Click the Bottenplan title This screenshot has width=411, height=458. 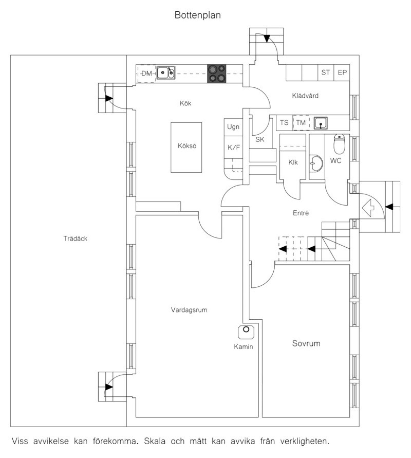[198, 15]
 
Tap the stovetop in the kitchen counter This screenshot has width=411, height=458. [217, 74]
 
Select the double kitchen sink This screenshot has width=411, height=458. [166, 73]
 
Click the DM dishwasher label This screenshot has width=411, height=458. [147, 73]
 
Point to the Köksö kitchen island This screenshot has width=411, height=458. [186, 147]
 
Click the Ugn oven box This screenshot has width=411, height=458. [233, 127]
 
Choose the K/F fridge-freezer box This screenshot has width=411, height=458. [233, 147]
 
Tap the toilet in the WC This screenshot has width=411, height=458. [339, 144]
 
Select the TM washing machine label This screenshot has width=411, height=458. [301, 123]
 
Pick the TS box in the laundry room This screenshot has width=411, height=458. [284, 123]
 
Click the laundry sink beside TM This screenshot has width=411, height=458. [321, 123]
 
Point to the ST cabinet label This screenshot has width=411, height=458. [325, 72]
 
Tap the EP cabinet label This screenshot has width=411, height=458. [342, 73]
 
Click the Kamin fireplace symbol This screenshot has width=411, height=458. [246, 332]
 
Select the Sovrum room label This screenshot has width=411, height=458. [306, 343]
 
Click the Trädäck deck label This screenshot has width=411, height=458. [75, 238]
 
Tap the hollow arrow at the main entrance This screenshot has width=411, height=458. [368, 208]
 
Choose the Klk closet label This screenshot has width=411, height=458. [293, 162]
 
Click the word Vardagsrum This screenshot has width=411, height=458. [189, 310]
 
